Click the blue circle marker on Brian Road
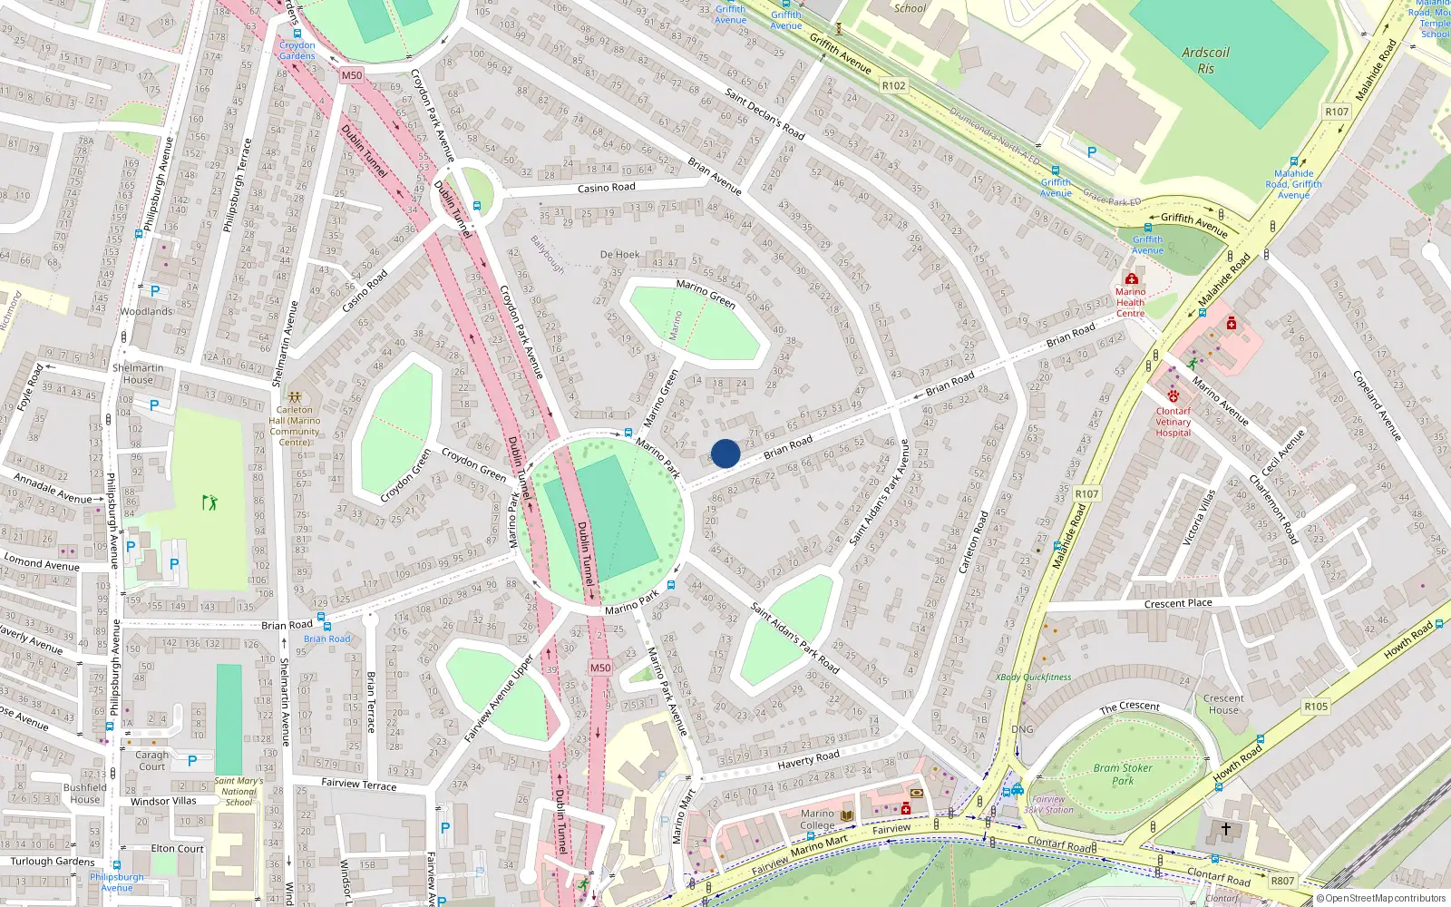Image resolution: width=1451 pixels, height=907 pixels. [x=725, y=453]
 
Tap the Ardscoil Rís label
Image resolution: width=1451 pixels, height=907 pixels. [x=1205, y=61]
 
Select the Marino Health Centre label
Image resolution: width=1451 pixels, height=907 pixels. [x=1130, y=303]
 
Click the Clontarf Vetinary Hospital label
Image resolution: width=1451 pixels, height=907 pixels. [x=1173, y=422]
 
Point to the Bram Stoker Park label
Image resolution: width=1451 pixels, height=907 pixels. [x=1123, y=774]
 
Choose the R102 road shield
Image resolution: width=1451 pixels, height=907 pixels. [x=893, y=86]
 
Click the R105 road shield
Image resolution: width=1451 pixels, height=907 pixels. [x=1316, y=707]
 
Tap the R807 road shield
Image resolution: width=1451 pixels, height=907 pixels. [x=1282, y=881]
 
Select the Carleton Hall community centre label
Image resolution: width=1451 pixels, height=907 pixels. [x=295, y=426]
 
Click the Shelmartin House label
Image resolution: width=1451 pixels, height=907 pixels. [x=138, y=374]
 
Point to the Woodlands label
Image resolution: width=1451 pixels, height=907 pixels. [x=146, y=311]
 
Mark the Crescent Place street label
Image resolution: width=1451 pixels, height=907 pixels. [x=1177, y=603]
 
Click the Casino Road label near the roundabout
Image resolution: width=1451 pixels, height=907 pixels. [x=606, y=188]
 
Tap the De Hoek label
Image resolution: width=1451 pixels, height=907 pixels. [x=619, y=255]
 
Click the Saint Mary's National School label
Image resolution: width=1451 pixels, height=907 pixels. [x=239, y=791]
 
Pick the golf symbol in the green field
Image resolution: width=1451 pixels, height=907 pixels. [x=210, y=502]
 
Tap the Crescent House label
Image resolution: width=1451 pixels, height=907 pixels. [x=1223, y=704]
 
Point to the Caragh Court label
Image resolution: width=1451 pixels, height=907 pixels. [x=152, y=760]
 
